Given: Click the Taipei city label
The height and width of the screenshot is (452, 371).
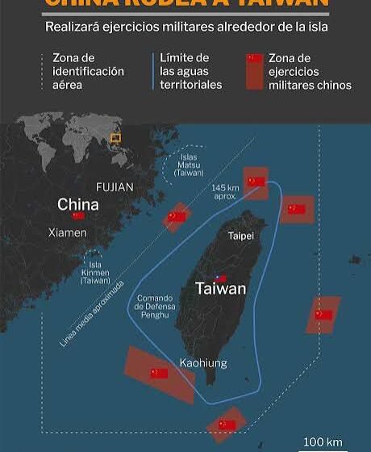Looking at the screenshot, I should tap(241, 236).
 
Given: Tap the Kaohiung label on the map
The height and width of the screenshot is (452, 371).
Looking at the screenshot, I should tap(203, 362).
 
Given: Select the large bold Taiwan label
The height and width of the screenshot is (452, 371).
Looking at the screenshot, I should tap(220, 288).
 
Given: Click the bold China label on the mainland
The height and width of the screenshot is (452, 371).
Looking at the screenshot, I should tap(78, 204).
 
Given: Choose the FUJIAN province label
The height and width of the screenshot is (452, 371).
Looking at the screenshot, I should tap(115, 187).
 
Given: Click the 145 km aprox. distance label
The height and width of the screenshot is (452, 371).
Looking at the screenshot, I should tap(225, 192).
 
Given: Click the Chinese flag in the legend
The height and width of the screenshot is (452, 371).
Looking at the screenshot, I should tap(255, 59).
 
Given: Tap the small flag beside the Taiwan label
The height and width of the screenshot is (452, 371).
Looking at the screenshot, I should tap(221, 277).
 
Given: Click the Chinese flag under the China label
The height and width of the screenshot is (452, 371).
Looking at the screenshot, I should tap(78, 216).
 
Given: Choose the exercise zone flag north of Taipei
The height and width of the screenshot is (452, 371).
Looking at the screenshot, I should tap(256, 182).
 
